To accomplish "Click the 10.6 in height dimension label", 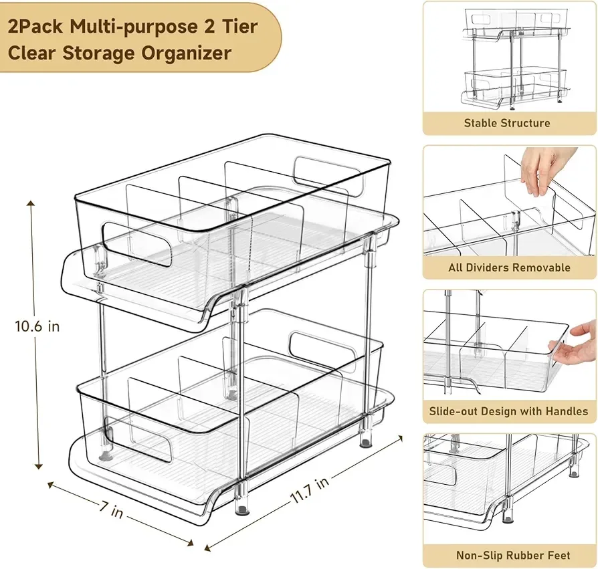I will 37,326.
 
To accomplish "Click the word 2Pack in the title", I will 41,29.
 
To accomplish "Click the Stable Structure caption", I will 507,123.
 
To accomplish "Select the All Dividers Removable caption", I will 509,267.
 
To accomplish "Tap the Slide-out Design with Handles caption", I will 509,412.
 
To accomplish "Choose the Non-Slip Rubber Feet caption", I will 513,556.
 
